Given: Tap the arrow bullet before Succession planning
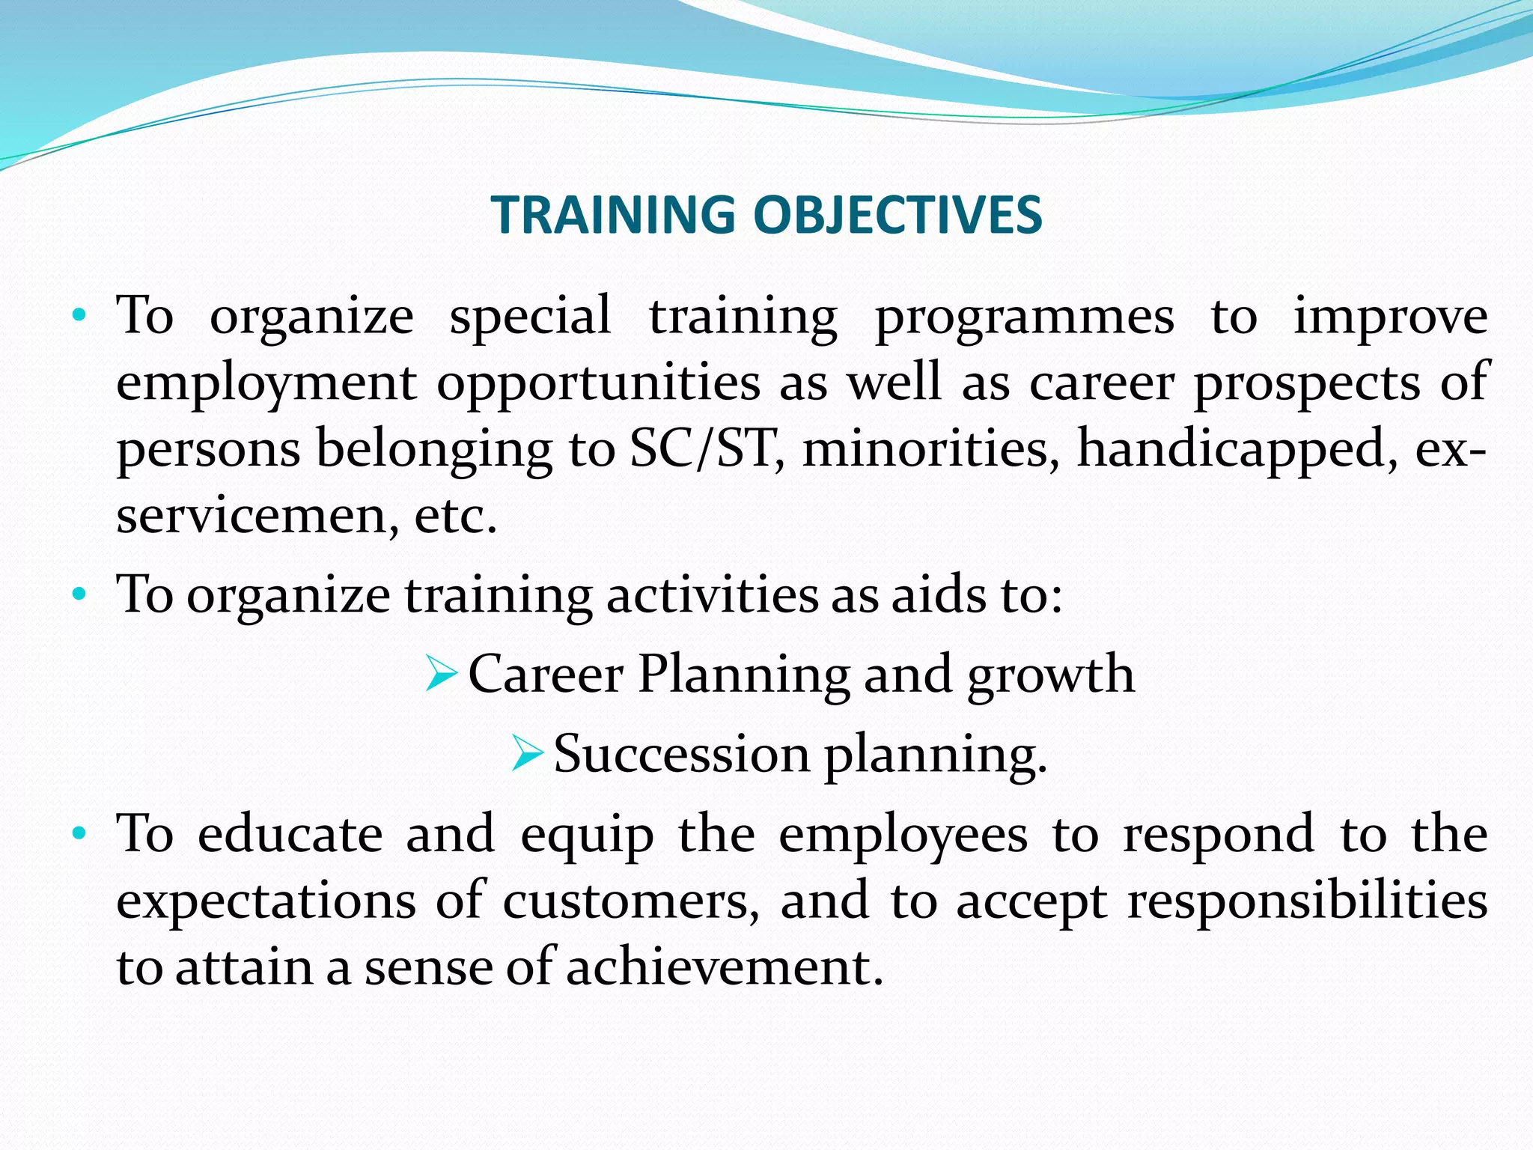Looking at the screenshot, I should point(527,753).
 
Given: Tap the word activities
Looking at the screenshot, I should point(711,595).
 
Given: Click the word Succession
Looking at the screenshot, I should point(681,753).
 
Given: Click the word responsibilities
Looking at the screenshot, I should point(1307,901).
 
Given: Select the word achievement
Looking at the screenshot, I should point(724,967).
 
